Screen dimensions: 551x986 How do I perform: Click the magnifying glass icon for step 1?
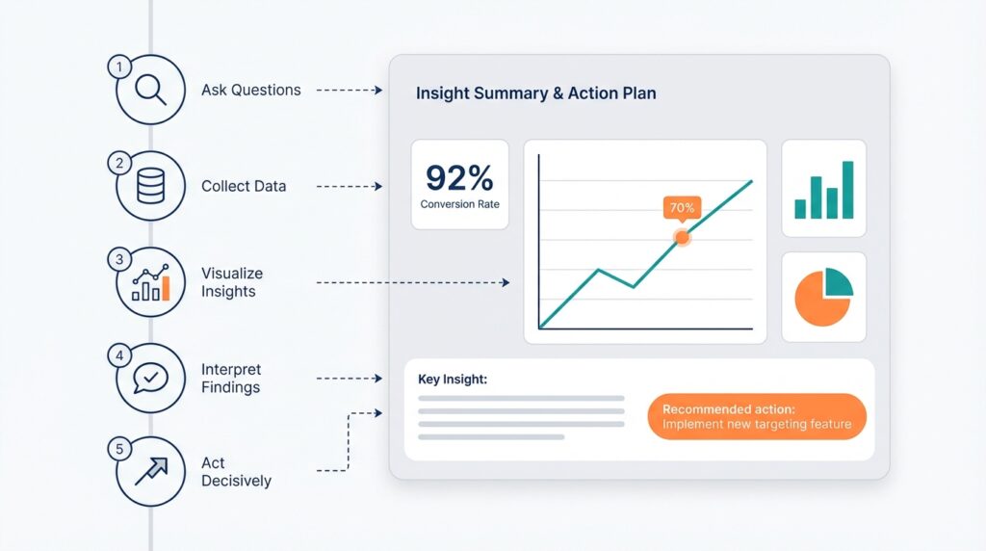(150, 90)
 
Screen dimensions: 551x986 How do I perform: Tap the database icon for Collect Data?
(150, 186)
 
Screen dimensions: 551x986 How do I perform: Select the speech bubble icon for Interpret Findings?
(150, 379)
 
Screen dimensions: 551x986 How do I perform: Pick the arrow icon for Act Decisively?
(150, 472)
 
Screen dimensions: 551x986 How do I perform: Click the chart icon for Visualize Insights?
(150, 283)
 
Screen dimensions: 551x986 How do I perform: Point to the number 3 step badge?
(119, 259)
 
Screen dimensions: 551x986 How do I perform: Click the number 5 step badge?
(119, 449)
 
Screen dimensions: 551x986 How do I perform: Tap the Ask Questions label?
(251, 90)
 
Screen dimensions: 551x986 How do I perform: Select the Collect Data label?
(244, 186)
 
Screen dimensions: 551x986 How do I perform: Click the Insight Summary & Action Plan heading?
(536, 93)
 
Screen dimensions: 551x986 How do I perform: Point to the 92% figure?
(458, 178)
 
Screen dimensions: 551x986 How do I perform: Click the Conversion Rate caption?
(459, 204)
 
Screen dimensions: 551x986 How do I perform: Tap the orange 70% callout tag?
(682, 207)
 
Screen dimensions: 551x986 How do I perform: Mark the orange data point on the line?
(682, 236)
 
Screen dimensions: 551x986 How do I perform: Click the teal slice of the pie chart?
(836, 282)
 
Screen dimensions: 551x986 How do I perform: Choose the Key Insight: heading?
(452, 379)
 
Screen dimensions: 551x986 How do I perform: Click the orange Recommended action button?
(757, 416)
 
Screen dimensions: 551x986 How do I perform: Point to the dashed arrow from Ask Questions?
(350, 91)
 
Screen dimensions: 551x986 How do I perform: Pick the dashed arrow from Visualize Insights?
(412, 283)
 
